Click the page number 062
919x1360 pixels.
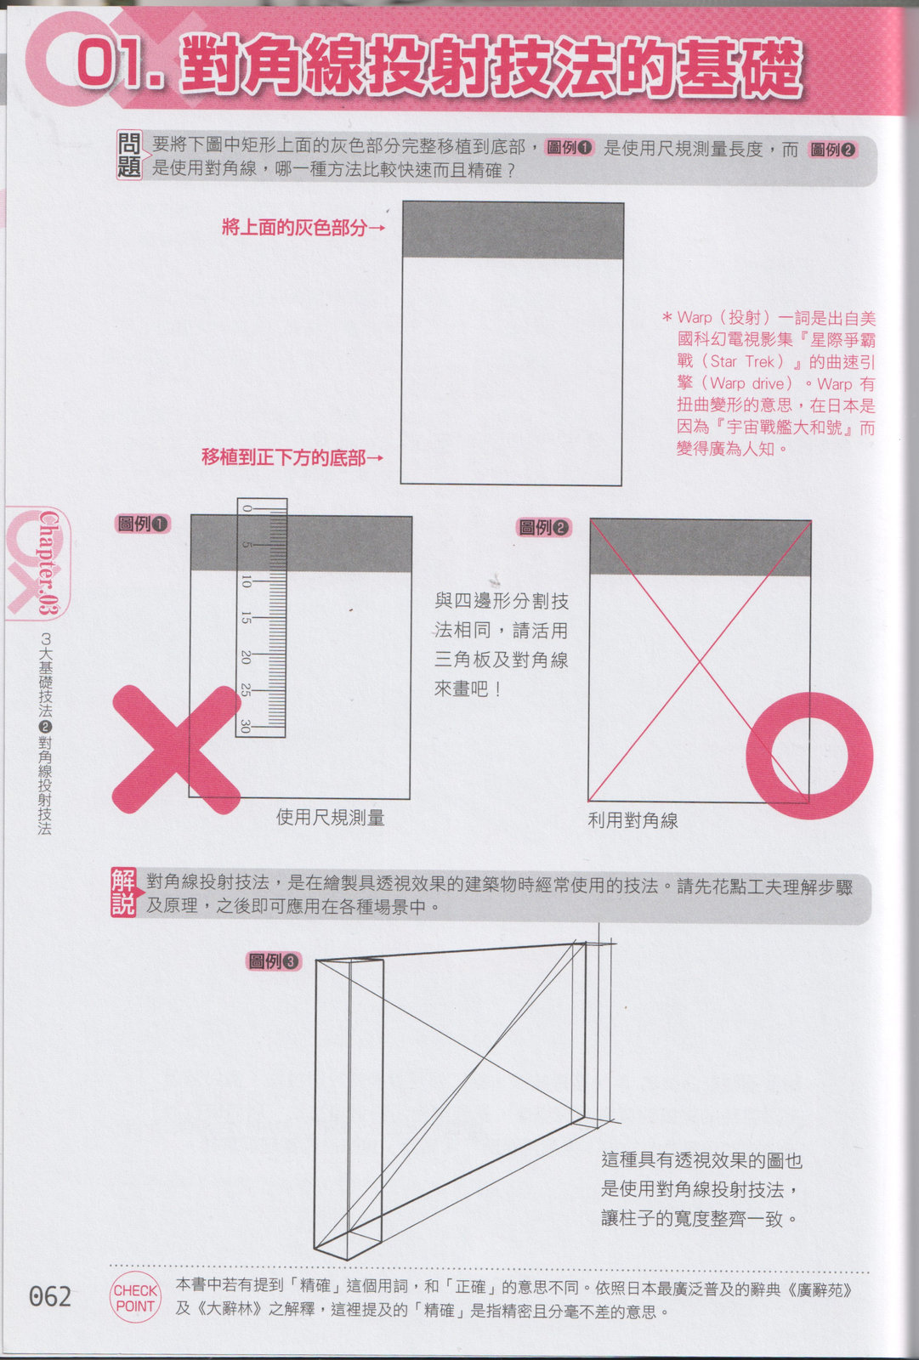tap(50, 1296)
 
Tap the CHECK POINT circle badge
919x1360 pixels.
tap(135, 1297)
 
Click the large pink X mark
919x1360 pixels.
tap(177, 750)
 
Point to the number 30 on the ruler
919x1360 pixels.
tap(246, 726)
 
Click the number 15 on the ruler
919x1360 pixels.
tap(246, 617)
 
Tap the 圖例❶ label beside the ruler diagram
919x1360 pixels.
tap(143, 524)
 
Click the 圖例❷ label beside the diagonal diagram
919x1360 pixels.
tap(543, 527)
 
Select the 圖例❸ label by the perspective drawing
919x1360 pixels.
tap(274, 961)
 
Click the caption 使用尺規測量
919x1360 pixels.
tap(331, 818)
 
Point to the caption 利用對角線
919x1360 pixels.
tap(633, 821)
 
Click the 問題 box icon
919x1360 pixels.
tap(129, 156)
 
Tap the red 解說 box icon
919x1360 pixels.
tap(123, 892)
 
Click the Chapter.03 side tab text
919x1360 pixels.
tap(48, 562)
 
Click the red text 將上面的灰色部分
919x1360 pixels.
tap(295, 228)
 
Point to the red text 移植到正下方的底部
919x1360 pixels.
tap(284, 457)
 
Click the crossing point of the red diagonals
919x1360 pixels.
tap(699, 661)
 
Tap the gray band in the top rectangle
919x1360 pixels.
tap(513, 230)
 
